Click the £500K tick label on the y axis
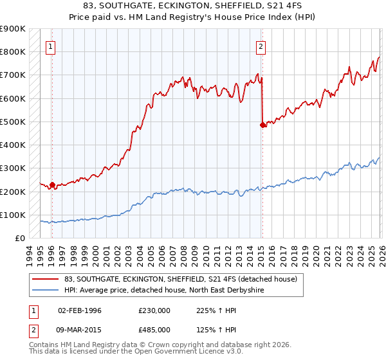13,122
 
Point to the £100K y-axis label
13,215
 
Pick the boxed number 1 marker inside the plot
50,46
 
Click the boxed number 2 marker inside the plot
261,46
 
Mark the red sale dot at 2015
262,125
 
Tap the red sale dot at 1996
52,184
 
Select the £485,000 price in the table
154,330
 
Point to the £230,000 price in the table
154,310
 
